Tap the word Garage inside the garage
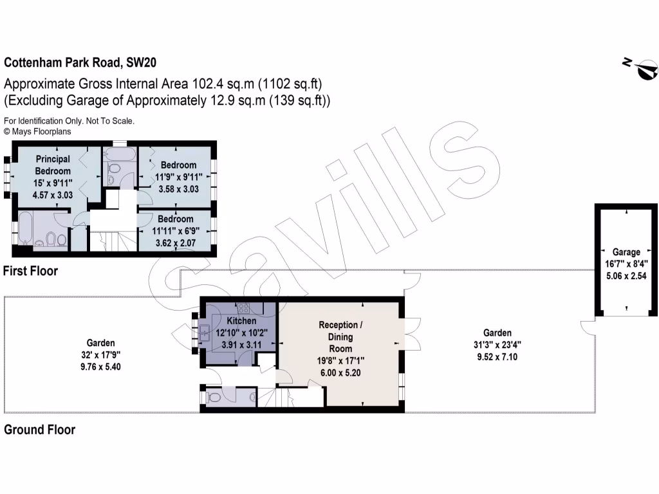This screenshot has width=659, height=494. (626, 252)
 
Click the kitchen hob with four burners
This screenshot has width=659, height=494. (244, 307)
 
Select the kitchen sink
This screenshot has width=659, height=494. (205, 333)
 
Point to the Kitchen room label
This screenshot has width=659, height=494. (241, 320)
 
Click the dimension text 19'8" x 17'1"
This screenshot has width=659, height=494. (340, 360)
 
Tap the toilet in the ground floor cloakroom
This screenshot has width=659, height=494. (213, 398)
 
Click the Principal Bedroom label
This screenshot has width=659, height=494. (53, 165)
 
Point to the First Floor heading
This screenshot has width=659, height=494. (30, 271)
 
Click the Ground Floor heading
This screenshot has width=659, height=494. (39, 430)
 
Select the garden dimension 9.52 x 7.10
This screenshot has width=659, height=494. (497, 356)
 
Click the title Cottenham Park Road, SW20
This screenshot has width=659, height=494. (80, 63)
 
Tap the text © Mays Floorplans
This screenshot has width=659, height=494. (37, 131)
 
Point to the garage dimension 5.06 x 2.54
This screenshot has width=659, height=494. (626, 275)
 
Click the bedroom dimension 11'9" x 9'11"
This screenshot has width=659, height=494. (178, 177)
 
